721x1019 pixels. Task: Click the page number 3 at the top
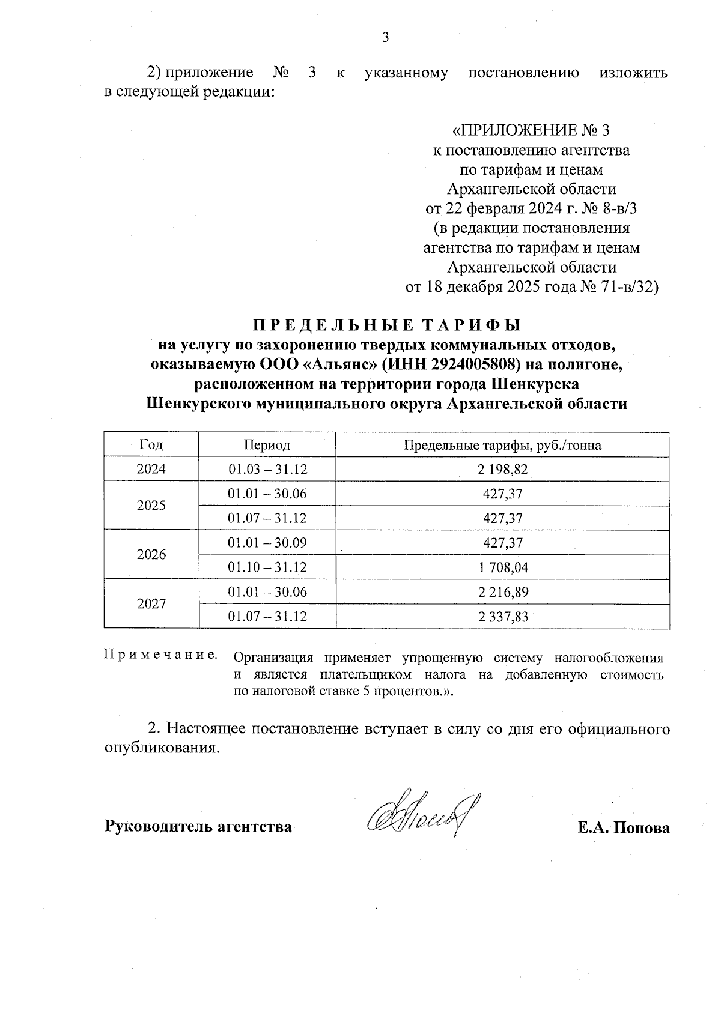pos(386,37)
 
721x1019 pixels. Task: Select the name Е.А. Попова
pos(624,827)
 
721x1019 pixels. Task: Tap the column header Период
pos(267,445)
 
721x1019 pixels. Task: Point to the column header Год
pos(151,445)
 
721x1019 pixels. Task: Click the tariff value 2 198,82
pos(503,469)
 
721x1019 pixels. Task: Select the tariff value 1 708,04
pos(503,567)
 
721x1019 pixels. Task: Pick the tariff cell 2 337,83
pos(503,617)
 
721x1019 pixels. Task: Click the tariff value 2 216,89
pos(503,592)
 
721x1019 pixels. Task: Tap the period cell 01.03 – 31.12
pos(267,469)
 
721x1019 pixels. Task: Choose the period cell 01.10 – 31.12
pos(267,567)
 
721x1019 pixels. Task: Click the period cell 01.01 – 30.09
pos(267,543)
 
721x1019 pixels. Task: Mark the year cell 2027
pos(151,604)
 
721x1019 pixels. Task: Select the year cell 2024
pos(151,469)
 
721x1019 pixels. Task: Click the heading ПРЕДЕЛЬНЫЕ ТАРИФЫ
pos(386,325)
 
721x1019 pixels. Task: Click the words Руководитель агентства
pos(198,827)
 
